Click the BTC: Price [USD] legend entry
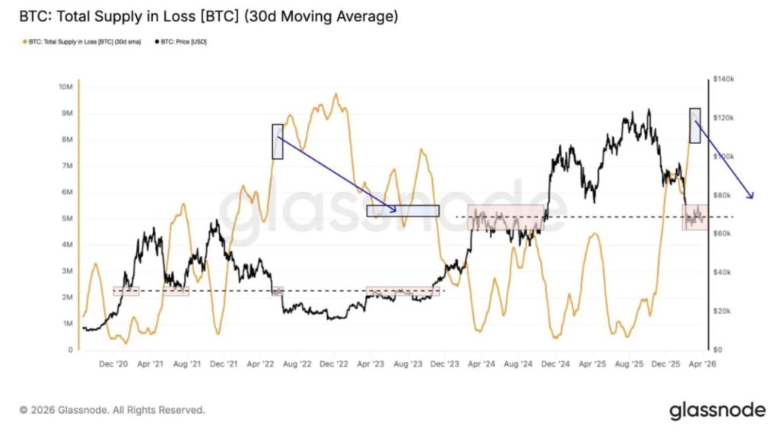tap(181, 42)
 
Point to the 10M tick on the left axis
tap(65, 87)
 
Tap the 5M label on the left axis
tap(66, 219)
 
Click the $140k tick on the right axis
tap(723, 79)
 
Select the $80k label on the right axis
tap(722, 196)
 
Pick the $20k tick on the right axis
tap(722, 312)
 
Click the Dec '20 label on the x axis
tap(113, 365)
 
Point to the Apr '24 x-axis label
tap(482, 365)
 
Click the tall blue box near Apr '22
tap(277, 142)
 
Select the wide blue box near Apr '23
tap(402, 211)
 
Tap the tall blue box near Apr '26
tap(695, 125)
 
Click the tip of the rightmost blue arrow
tap(752, 198)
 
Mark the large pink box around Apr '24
tap(506, 218)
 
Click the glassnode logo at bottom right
tap(717, 411)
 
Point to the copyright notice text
tap(112, 411)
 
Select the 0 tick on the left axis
tap(70, 350)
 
